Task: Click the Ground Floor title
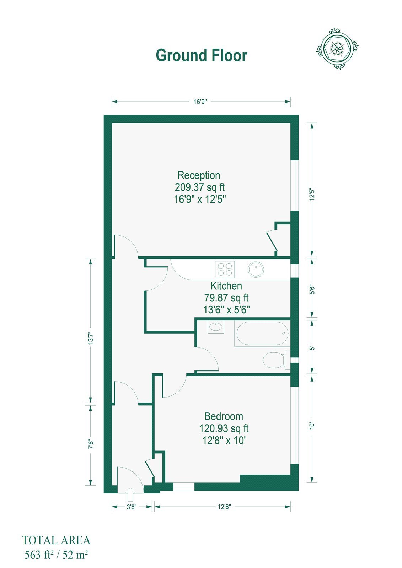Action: [202, 55]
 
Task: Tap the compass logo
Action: [337, 48]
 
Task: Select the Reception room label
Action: [199, 175]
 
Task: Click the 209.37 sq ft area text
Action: [200, 187]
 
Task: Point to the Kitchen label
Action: [226, 286]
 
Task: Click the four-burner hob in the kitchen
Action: [225, 269]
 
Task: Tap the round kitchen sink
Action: [256, 269]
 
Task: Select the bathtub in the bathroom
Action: [262, 333]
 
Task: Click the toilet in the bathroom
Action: [276, 360]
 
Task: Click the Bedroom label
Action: [224, 416]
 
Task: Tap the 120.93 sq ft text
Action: [224, 428]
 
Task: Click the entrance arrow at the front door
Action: [130, 495]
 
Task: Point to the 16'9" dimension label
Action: [200, 102]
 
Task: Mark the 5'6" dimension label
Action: [312, 290]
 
